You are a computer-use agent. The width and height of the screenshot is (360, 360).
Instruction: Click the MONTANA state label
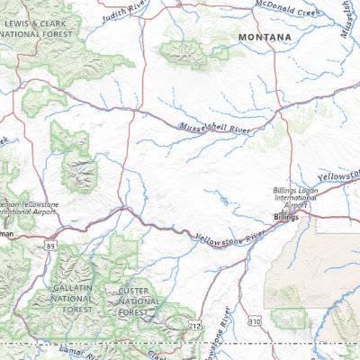tap(265, 37)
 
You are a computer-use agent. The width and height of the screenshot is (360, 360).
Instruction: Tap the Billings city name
tap(287, 218)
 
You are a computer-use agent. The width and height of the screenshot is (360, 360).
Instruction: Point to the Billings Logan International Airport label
tap(296, 198)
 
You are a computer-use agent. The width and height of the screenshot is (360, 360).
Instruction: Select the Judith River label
tap(124, 13)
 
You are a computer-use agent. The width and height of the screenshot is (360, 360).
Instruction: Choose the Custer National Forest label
tap(139, 302)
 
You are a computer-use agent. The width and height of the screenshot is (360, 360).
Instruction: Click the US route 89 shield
tap(50, 243)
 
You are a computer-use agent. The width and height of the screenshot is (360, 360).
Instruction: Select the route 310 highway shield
tap(255, 320)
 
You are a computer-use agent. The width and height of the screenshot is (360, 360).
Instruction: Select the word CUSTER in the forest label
tap(139, 292)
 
